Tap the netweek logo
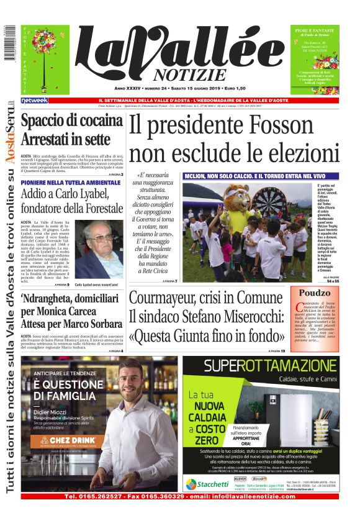(x=35, y=100)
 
